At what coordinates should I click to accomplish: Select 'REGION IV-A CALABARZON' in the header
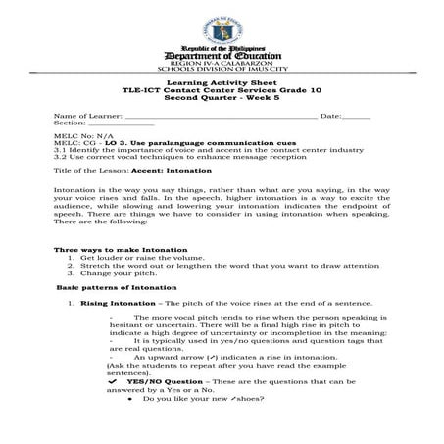(222, 61)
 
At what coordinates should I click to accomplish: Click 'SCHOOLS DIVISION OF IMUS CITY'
(222, 69)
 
